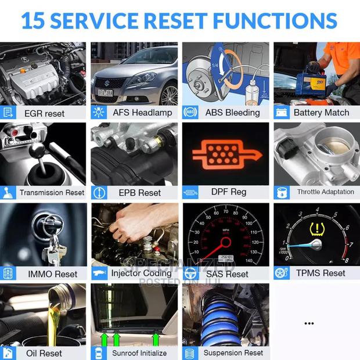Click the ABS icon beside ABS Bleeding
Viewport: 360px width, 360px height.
(x=190, y=113)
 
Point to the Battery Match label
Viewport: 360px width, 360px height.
(x=321, y=113)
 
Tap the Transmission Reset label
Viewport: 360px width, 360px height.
(x=52, y=192)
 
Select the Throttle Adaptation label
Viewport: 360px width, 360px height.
(x=325, y=192)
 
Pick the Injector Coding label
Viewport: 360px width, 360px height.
(x=142, y=273)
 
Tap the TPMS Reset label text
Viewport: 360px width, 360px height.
(x=326, y=273)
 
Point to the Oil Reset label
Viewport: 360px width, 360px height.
(x=44, y=352)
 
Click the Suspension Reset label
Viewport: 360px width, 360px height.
(x=233, y=352)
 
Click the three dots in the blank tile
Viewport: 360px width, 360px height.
(x=309, y=323)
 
